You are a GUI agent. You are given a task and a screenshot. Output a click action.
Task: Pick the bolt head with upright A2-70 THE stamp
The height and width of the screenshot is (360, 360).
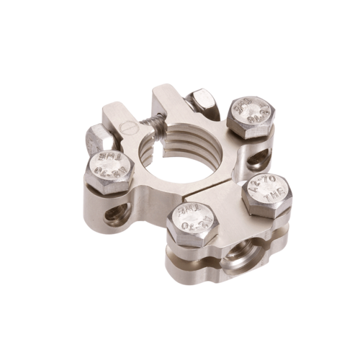point(266,192)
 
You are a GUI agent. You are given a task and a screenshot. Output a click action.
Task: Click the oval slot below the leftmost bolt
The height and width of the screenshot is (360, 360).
point(118,214)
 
